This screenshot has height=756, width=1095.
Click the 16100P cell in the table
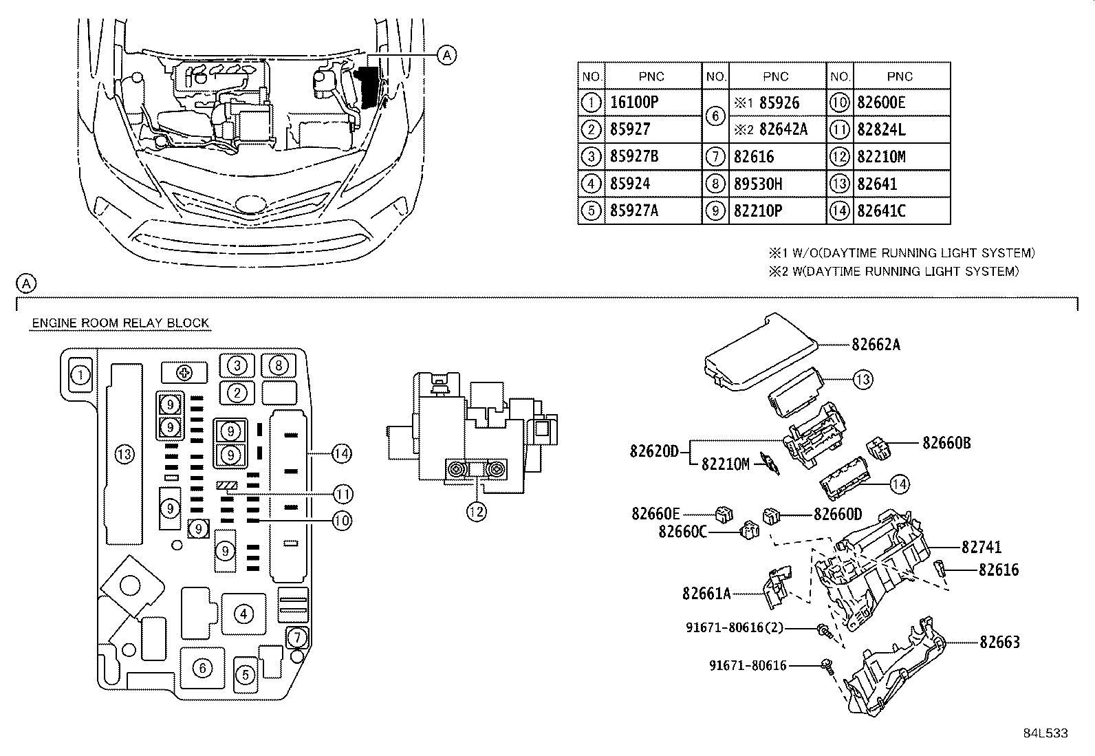click(634, 102)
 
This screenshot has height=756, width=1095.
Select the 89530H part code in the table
click(757, 184)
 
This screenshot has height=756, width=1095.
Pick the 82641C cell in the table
click(881, 210)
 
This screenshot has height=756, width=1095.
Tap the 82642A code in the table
click(783, 129)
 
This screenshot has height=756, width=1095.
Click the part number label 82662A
click(876, 344)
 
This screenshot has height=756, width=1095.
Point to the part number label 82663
click(999, 642)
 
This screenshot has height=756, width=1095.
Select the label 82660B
click(946, 443)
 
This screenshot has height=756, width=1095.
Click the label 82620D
click(654, 451)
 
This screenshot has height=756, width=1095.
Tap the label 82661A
click(706, 592)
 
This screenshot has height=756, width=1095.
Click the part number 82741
click(982, 547)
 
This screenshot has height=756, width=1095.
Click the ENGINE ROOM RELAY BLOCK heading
click(120, 323)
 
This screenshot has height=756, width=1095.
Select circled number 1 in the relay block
click(80, 375)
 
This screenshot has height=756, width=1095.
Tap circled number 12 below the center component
click(476, 511)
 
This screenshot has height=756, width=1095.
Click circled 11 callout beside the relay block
click(343, 494)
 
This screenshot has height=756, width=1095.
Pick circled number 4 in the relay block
click(243, 614)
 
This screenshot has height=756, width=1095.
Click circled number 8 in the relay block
click(278, 365)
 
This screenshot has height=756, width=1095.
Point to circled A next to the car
click(446, 54)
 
